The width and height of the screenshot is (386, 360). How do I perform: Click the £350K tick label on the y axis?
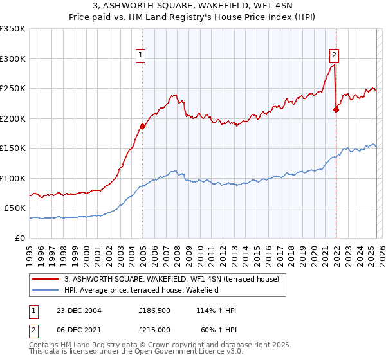click(x=13, y=29)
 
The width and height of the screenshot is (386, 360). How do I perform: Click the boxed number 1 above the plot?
click(x=140, y=55)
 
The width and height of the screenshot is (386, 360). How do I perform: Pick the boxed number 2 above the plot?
click(x=335, y=55)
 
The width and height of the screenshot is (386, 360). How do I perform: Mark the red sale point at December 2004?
click(x=142, y=126)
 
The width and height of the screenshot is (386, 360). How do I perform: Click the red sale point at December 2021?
click(x=336, y=109)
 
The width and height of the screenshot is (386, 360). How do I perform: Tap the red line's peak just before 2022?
click(x=333, y=65)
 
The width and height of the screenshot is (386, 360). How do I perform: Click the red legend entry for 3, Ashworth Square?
click(x=172, y=279)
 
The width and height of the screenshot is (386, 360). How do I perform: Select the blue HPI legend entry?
click(x=142, y=291)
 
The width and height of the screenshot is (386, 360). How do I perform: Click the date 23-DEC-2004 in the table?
click(x=78, y=310)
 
